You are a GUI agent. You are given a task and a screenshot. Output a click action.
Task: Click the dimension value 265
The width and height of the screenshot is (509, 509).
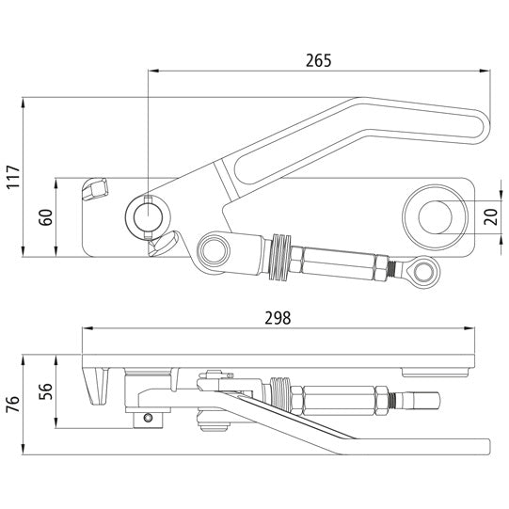click(x=319, y=59)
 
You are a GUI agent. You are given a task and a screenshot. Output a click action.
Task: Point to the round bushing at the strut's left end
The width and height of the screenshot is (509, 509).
click(x=214, y=249)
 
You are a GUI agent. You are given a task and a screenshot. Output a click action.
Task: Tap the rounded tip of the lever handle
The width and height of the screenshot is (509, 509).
click(x=483, y=126)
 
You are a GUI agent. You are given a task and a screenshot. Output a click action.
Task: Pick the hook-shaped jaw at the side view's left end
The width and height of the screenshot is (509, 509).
click(x=95, y=389)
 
